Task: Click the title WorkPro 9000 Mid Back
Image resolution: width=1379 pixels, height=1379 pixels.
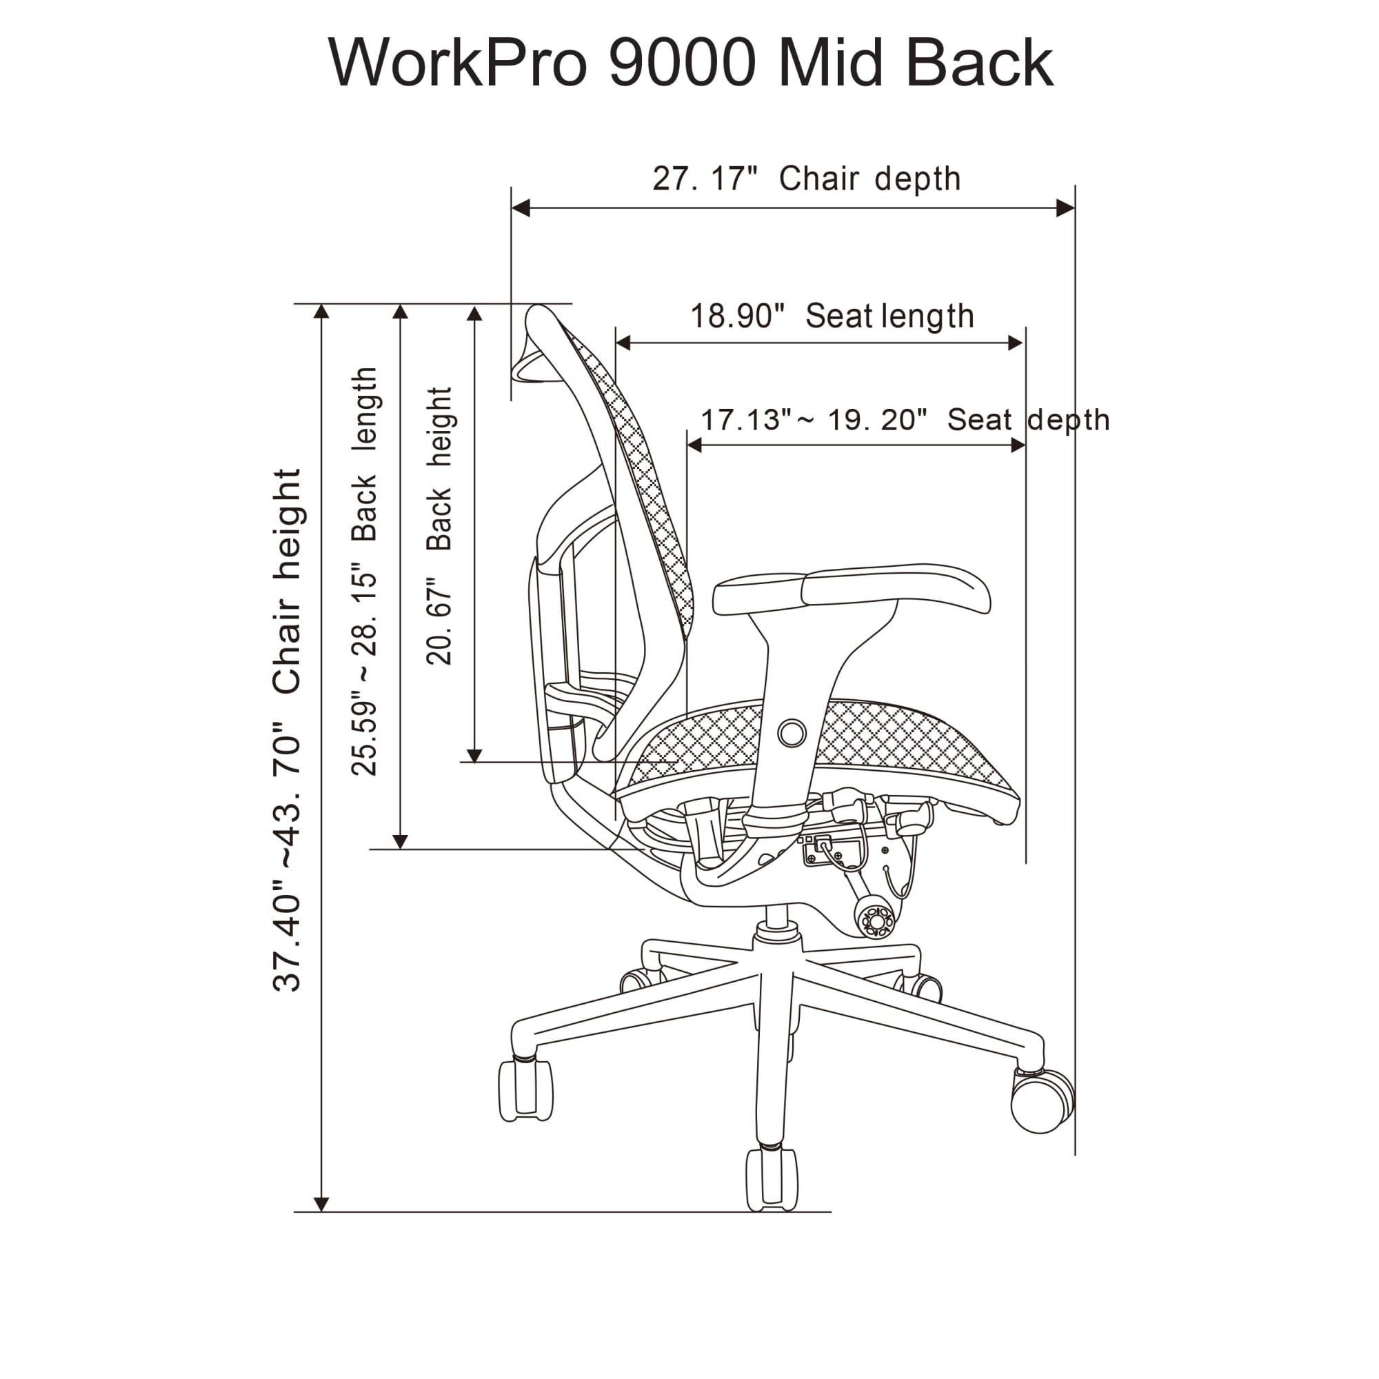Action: [690, 63]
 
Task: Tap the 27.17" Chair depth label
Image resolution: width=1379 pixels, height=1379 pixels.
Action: [807, 179]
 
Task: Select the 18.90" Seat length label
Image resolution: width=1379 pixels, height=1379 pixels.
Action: [832, 316]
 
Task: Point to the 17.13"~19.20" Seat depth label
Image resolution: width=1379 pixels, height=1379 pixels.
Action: [905, 420]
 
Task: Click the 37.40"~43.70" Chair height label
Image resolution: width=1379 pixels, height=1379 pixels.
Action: [287, 730]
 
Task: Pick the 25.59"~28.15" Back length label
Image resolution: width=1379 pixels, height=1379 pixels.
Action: [364, 571]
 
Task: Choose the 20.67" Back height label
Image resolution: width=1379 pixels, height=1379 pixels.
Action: [439, 526]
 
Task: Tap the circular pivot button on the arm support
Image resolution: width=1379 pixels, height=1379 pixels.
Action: [792, 733]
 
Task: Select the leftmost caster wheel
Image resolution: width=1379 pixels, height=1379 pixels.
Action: [526, 1091]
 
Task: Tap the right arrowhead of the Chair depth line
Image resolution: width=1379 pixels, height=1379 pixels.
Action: [1066, 208]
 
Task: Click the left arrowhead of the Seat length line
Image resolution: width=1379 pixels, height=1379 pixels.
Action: [623, 343]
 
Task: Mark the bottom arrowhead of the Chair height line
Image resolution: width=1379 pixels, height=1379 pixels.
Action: [321, 1204]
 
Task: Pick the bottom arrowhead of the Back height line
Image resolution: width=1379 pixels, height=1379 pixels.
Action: [474, 756]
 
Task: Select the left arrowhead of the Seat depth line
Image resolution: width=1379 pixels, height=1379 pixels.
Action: [694, 445]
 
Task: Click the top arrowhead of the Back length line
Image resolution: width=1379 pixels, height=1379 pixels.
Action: [401, 312]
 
